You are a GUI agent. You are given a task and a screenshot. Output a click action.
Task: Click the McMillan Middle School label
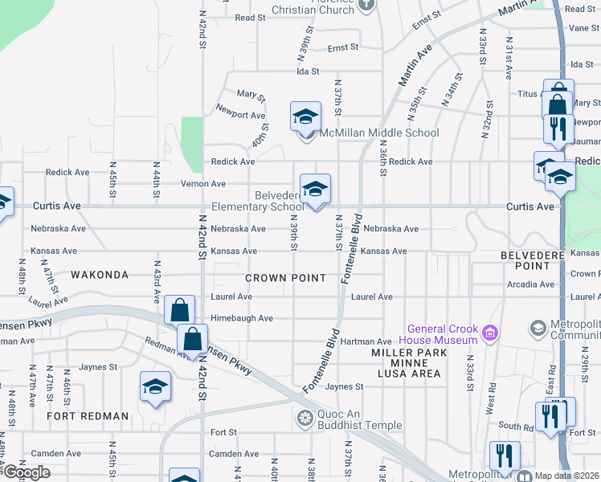point(380,133)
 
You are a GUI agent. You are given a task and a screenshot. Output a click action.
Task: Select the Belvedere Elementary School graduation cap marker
point(315,190)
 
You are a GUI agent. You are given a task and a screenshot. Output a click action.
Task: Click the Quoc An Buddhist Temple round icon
point(305,417)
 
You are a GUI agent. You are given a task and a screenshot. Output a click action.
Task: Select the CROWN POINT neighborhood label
point(285,278)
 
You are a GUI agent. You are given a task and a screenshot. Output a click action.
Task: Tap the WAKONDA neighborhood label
point(100,275)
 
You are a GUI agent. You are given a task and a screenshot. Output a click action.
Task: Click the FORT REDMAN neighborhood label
point(88,416)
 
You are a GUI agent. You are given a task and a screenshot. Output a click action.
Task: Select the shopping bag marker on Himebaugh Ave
point(179,310)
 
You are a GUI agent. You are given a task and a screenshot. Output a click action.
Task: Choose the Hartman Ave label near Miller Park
point(366,342)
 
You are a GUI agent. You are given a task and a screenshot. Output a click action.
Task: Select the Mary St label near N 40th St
point(251,96)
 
